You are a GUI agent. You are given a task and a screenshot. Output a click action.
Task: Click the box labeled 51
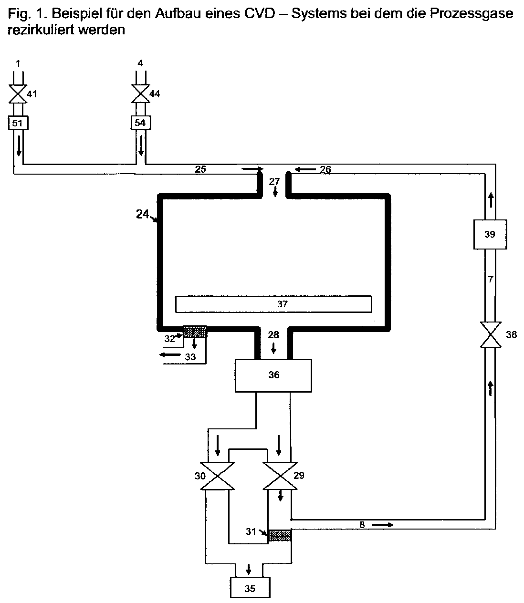tap(18, 123)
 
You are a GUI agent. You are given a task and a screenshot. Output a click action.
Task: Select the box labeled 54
tap(141, 123)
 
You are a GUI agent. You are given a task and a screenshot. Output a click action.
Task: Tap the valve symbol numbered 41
tap(18, 94)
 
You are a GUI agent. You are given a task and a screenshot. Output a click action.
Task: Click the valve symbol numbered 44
tap(140, 94)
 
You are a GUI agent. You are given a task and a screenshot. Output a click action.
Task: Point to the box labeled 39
tap(490, 234)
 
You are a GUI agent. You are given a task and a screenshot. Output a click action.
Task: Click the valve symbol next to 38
tap(491, 334)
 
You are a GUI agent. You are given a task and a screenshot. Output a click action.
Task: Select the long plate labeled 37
tap(273, 304)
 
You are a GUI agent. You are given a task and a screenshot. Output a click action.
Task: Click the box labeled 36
tap(273, 375)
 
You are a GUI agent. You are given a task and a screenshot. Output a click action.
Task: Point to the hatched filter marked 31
tap(280, 535)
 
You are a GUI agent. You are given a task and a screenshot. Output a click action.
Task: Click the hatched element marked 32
tap(195, 332)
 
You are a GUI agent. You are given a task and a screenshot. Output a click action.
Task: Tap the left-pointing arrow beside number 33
tap(170, 354)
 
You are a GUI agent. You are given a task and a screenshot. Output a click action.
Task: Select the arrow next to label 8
tap(383, 525)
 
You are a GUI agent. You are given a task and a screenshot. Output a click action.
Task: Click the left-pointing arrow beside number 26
tap(305, 169)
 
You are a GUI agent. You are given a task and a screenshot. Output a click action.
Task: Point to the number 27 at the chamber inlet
tap(274, 182)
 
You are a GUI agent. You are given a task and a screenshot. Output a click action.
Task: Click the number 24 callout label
tap(143, 214)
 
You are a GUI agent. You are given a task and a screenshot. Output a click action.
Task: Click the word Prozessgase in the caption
tap(472, 14)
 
